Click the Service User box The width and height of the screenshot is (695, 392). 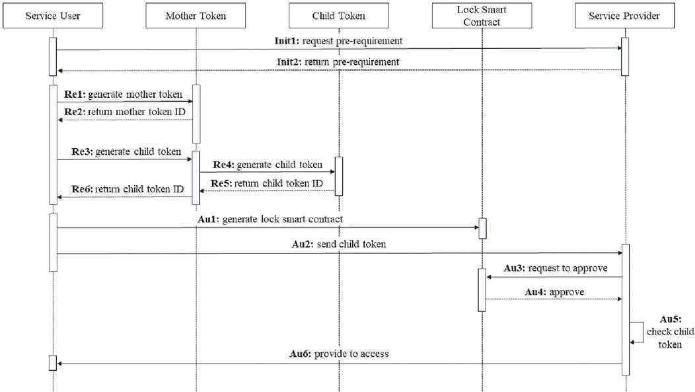[53, 16]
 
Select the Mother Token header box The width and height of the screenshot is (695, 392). [196, 16]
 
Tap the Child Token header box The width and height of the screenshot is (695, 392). [338, 16]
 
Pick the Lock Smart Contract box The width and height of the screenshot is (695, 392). [482, 16]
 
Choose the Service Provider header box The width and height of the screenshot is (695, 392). [624, 16]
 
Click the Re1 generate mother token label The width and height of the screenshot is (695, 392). [124, 95]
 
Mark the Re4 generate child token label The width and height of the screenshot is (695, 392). [267, 165]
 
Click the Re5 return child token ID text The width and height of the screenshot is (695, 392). [267, 183]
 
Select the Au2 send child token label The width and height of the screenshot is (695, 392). [338, 245]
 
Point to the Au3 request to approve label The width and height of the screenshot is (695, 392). [555, 268]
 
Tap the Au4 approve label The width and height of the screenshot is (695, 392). [554, 292]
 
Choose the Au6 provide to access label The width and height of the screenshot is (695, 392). [339, 354]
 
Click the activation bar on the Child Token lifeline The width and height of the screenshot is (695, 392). [339, 176]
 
